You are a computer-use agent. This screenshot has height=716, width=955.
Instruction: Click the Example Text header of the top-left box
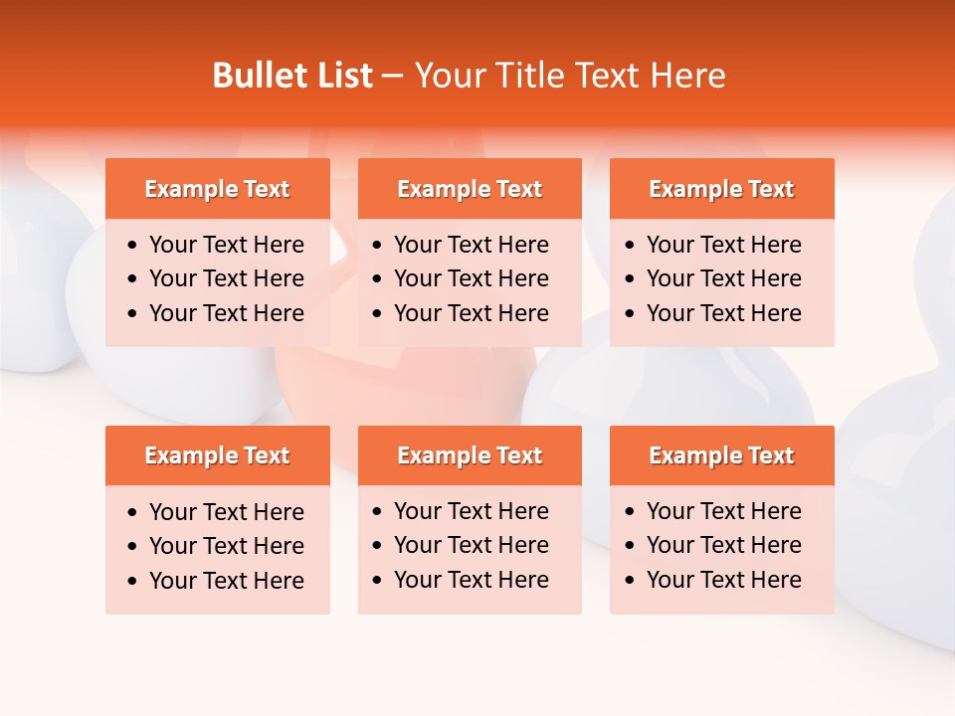coord(217,189)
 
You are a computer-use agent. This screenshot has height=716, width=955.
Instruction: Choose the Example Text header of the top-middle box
coord(470,189)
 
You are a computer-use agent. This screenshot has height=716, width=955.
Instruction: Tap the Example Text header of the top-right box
coord(721,189)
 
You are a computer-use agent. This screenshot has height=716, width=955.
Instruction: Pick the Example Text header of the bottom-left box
coord(217,455)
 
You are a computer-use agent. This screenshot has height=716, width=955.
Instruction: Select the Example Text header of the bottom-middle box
coord(470,455)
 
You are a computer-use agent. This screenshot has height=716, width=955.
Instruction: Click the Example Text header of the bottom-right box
coord(721,455)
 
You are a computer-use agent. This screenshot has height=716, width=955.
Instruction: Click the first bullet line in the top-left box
coord(227,245)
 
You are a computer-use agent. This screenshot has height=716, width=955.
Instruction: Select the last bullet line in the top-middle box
coord(472,313)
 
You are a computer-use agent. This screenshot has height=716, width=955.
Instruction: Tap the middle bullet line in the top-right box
coord(724,278)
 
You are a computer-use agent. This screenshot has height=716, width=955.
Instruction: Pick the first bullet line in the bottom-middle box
coord(472,511)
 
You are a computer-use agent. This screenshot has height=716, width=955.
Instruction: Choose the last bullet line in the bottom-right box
coord(724,580)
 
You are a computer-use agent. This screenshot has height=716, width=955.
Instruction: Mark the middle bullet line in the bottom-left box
coord(227,546)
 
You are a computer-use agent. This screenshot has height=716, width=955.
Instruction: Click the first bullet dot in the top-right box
coord(630,246)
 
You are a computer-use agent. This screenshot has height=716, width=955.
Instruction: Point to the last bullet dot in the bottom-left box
coord(133,582)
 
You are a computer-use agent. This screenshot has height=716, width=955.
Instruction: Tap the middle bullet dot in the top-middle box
coord(377,279)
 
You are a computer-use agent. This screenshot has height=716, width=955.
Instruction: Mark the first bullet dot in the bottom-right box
coord(630,512)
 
